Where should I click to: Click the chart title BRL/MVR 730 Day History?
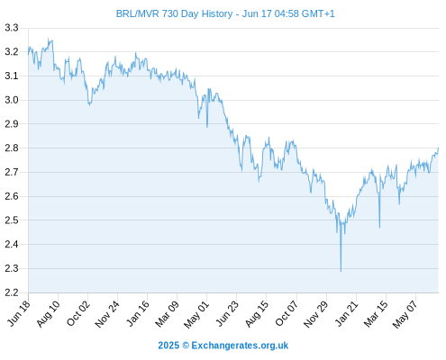click(174, 13)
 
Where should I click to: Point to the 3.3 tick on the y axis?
click(12, 28)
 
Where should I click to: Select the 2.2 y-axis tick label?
click(12, 292)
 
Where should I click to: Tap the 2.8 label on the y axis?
click(12, 148)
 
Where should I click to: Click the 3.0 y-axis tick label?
click(12, 100)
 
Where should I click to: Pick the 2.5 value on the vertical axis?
click(12, 220)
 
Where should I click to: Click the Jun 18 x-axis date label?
click(19, 313)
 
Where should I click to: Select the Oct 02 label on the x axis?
click(78, 313)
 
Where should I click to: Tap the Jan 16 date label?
click(138, 313)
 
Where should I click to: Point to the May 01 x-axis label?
click(196, 314)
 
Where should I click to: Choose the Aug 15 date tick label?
click(257, 313)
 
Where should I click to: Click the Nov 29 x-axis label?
click(316, 314)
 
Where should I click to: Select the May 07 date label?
click(405, 314)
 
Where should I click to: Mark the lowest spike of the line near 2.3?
click(341, 271)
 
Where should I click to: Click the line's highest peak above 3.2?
click(49, 39)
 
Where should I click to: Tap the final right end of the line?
click(438, 148)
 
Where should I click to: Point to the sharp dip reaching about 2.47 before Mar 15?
click(379, 227)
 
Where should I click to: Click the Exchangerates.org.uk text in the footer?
click(240, 346)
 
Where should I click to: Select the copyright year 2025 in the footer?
click(168, 346)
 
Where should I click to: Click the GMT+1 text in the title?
click(318, 13)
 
